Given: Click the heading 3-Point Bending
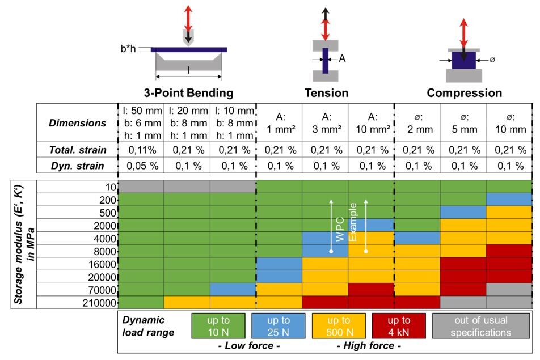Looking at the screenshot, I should point(188,92).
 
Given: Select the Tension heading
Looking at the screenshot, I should point(326,92).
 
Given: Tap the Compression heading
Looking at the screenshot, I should point(464,92).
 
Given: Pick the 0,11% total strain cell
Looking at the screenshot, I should point(141,150).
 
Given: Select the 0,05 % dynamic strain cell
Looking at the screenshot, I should point(141,166).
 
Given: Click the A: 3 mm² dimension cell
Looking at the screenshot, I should point(326,123).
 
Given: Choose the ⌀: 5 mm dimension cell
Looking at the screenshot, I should point(464,123).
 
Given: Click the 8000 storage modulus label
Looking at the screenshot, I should point(105,251).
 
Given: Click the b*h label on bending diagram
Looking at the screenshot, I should point(129,49).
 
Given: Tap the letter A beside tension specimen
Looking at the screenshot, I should point(342,58).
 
